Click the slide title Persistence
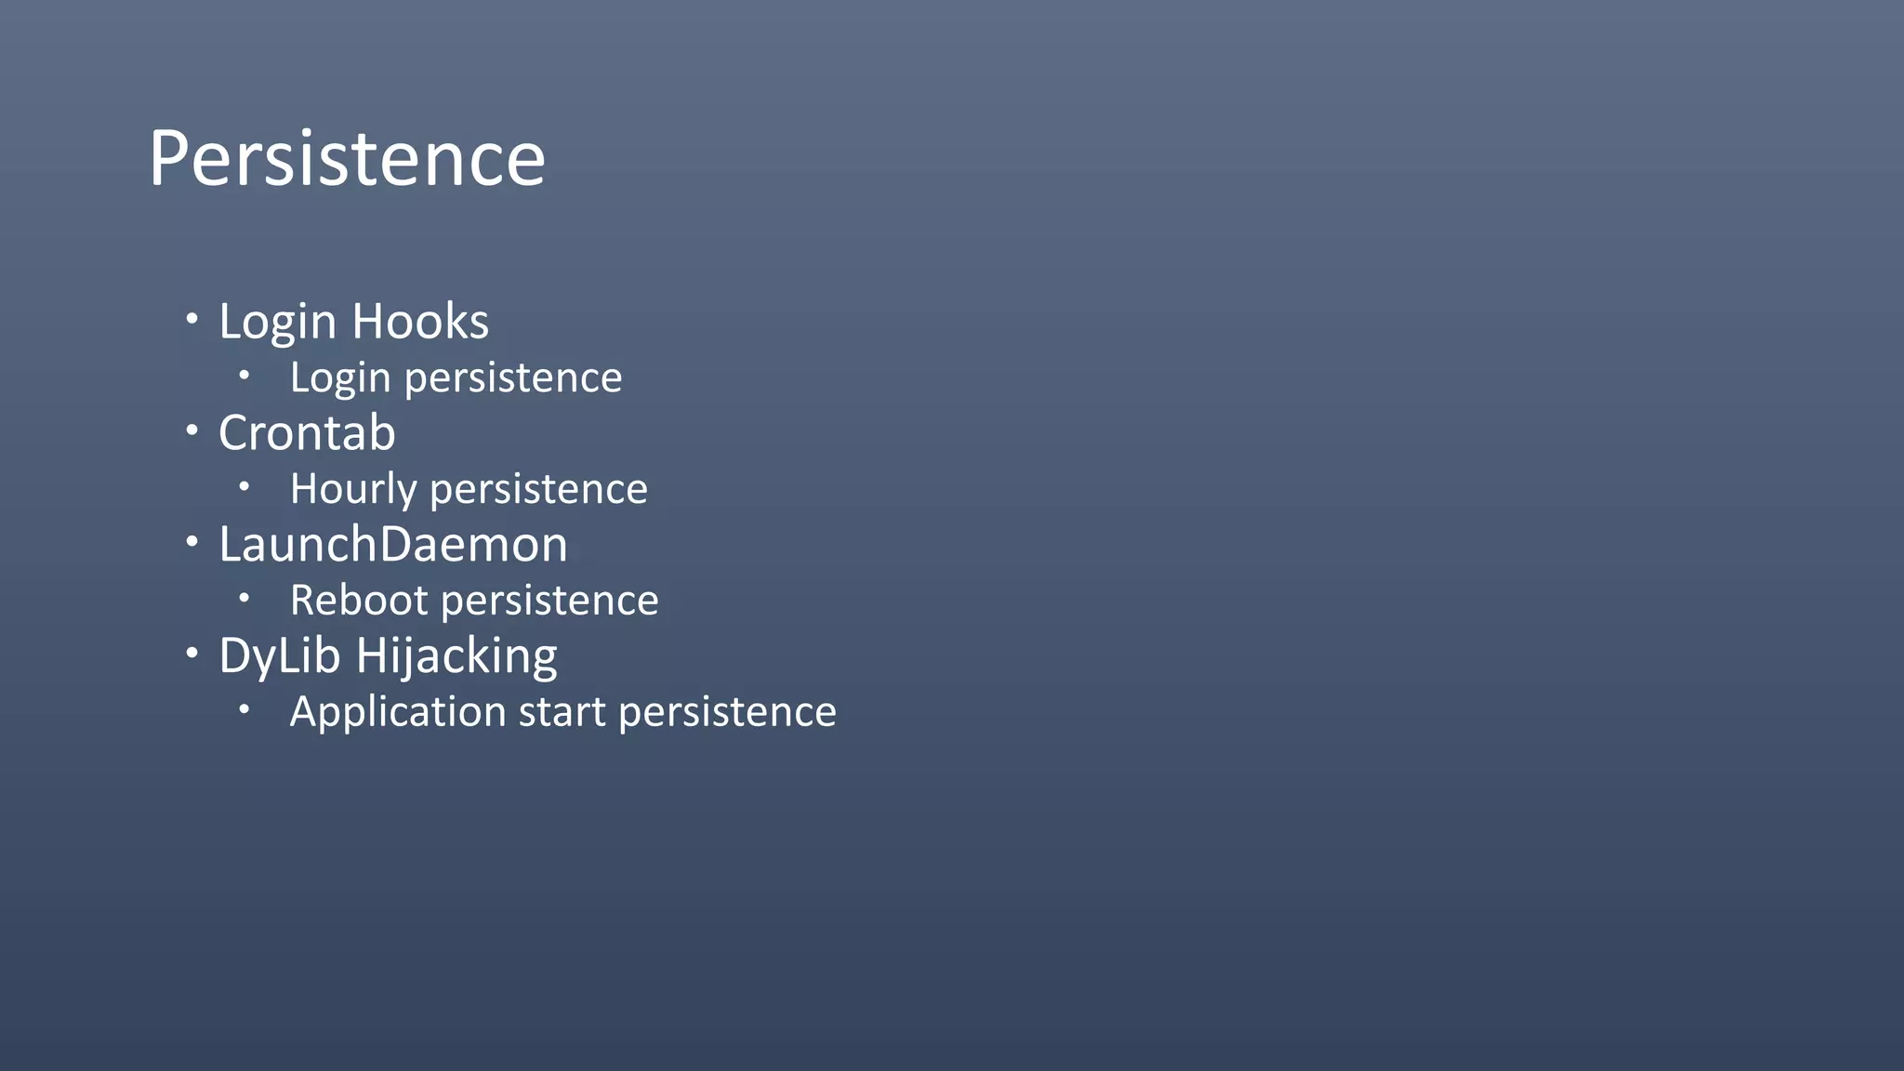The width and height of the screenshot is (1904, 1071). [x=347, y=159]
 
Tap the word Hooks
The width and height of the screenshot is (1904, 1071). [x=420, y=322]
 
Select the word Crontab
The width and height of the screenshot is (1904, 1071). [x=307, y=433]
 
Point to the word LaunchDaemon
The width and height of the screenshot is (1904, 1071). [x=392, y=545]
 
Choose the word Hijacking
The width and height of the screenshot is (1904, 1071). [x=456, y=656]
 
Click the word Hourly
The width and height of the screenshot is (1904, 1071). [x=352, y=490]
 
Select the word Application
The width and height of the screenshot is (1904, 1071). [x=398, y=713]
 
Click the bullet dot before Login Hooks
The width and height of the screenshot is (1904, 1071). [x=192, y=319]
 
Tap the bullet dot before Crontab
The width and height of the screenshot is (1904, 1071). [x=192, y=430]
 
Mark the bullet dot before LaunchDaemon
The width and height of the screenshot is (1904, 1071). [x=192, y=542]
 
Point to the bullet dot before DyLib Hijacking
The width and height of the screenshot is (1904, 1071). [x=192, y=654]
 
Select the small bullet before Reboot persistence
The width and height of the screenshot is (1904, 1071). [x=244, y=598]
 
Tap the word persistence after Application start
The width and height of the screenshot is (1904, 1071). [x=727, y=712]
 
